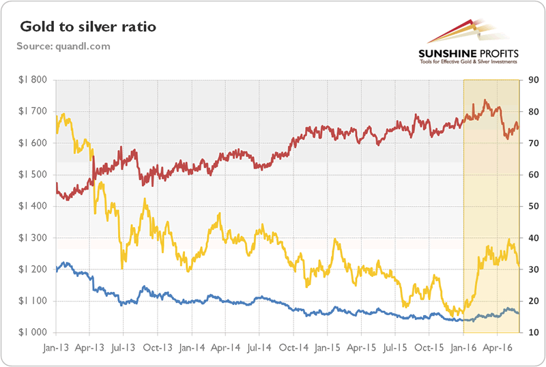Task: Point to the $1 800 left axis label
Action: tap(32, 80)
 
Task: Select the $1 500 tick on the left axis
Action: tap(32, 175)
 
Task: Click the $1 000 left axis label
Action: tap(32, 333)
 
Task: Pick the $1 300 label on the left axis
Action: tap(32, 238)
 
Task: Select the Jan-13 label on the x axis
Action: tap(56, 346)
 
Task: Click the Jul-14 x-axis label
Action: tap(259, 346)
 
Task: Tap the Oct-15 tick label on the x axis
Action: tap(429, 346)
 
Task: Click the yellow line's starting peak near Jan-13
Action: tap(63, 115)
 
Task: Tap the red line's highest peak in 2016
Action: tap(485, 100)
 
